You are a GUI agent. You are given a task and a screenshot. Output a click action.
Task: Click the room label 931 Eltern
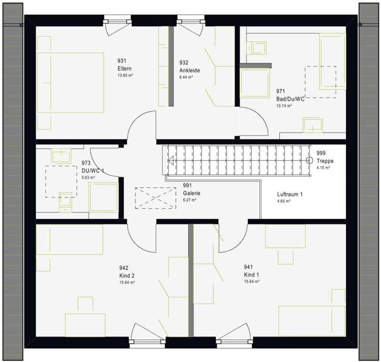(124, 65)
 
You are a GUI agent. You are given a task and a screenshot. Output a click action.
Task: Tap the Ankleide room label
(189, 66)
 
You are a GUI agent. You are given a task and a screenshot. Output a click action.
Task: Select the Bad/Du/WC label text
(290, 99)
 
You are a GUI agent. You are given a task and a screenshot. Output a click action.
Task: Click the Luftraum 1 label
(290, 194)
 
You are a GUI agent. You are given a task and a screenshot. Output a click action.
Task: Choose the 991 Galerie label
(191, 189)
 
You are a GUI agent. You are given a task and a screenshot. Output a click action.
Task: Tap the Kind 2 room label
(127, 272)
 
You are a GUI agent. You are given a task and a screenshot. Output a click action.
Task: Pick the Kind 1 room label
(252, 271)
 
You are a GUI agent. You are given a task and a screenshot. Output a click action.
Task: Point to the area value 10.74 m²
(284, 106)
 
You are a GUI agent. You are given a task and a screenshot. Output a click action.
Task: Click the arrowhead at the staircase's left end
(171, 161)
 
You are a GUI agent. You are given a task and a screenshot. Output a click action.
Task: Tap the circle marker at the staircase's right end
(309, 160)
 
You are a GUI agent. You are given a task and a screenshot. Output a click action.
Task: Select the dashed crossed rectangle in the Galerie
(155, 198)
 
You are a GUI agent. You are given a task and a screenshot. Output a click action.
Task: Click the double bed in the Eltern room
(70, 83)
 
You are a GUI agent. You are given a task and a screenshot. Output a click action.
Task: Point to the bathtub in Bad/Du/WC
(332, 61)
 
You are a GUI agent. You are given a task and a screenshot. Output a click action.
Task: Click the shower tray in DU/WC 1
(103, 198)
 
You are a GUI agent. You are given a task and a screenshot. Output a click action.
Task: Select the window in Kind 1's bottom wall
(234, 341)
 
